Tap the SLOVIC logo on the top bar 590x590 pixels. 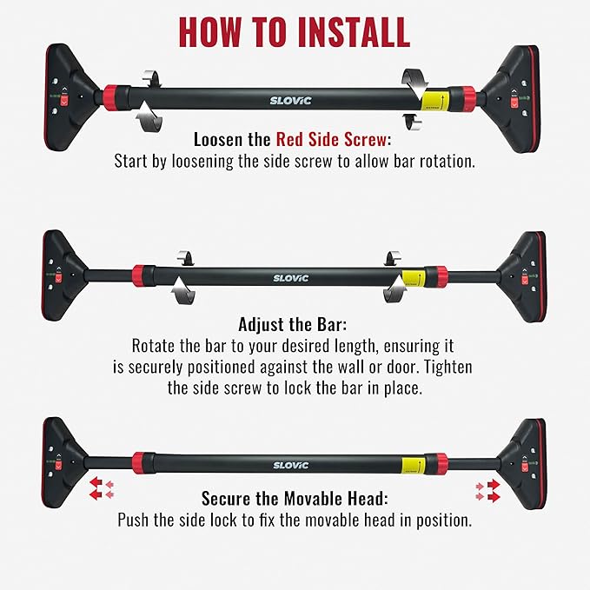click(290, 101)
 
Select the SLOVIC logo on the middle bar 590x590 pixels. click(290, 278)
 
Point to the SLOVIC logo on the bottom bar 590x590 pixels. click(290, 466)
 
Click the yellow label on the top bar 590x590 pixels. click(435, 100)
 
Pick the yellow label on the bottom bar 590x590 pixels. click(413, 465)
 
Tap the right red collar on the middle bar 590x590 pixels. click(438, 276)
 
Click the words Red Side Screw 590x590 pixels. click(331, 140)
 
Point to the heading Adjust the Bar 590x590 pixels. click(292, 324)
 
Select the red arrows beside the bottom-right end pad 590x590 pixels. click(488, 491)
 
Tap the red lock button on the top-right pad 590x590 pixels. click(514, 102)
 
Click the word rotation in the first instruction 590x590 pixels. click(447, 161)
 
